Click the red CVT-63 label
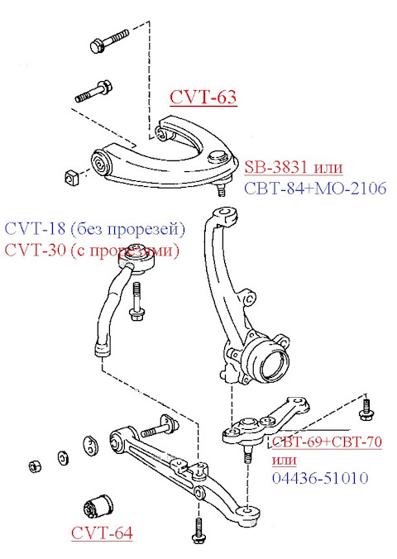[x=203, y=98]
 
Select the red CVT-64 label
[x=101, y=533]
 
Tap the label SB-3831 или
[x=293, y=168]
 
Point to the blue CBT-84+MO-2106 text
[x=315, y=189]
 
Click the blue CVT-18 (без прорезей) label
[x=95, y=228]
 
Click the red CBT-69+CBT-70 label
[x=327, y=442]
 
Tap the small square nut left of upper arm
[x=71, y=176]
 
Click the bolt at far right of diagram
[x=364, y=408]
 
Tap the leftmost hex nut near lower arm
[x=36, y=465]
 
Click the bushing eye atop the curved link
[x=139, y=264]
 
